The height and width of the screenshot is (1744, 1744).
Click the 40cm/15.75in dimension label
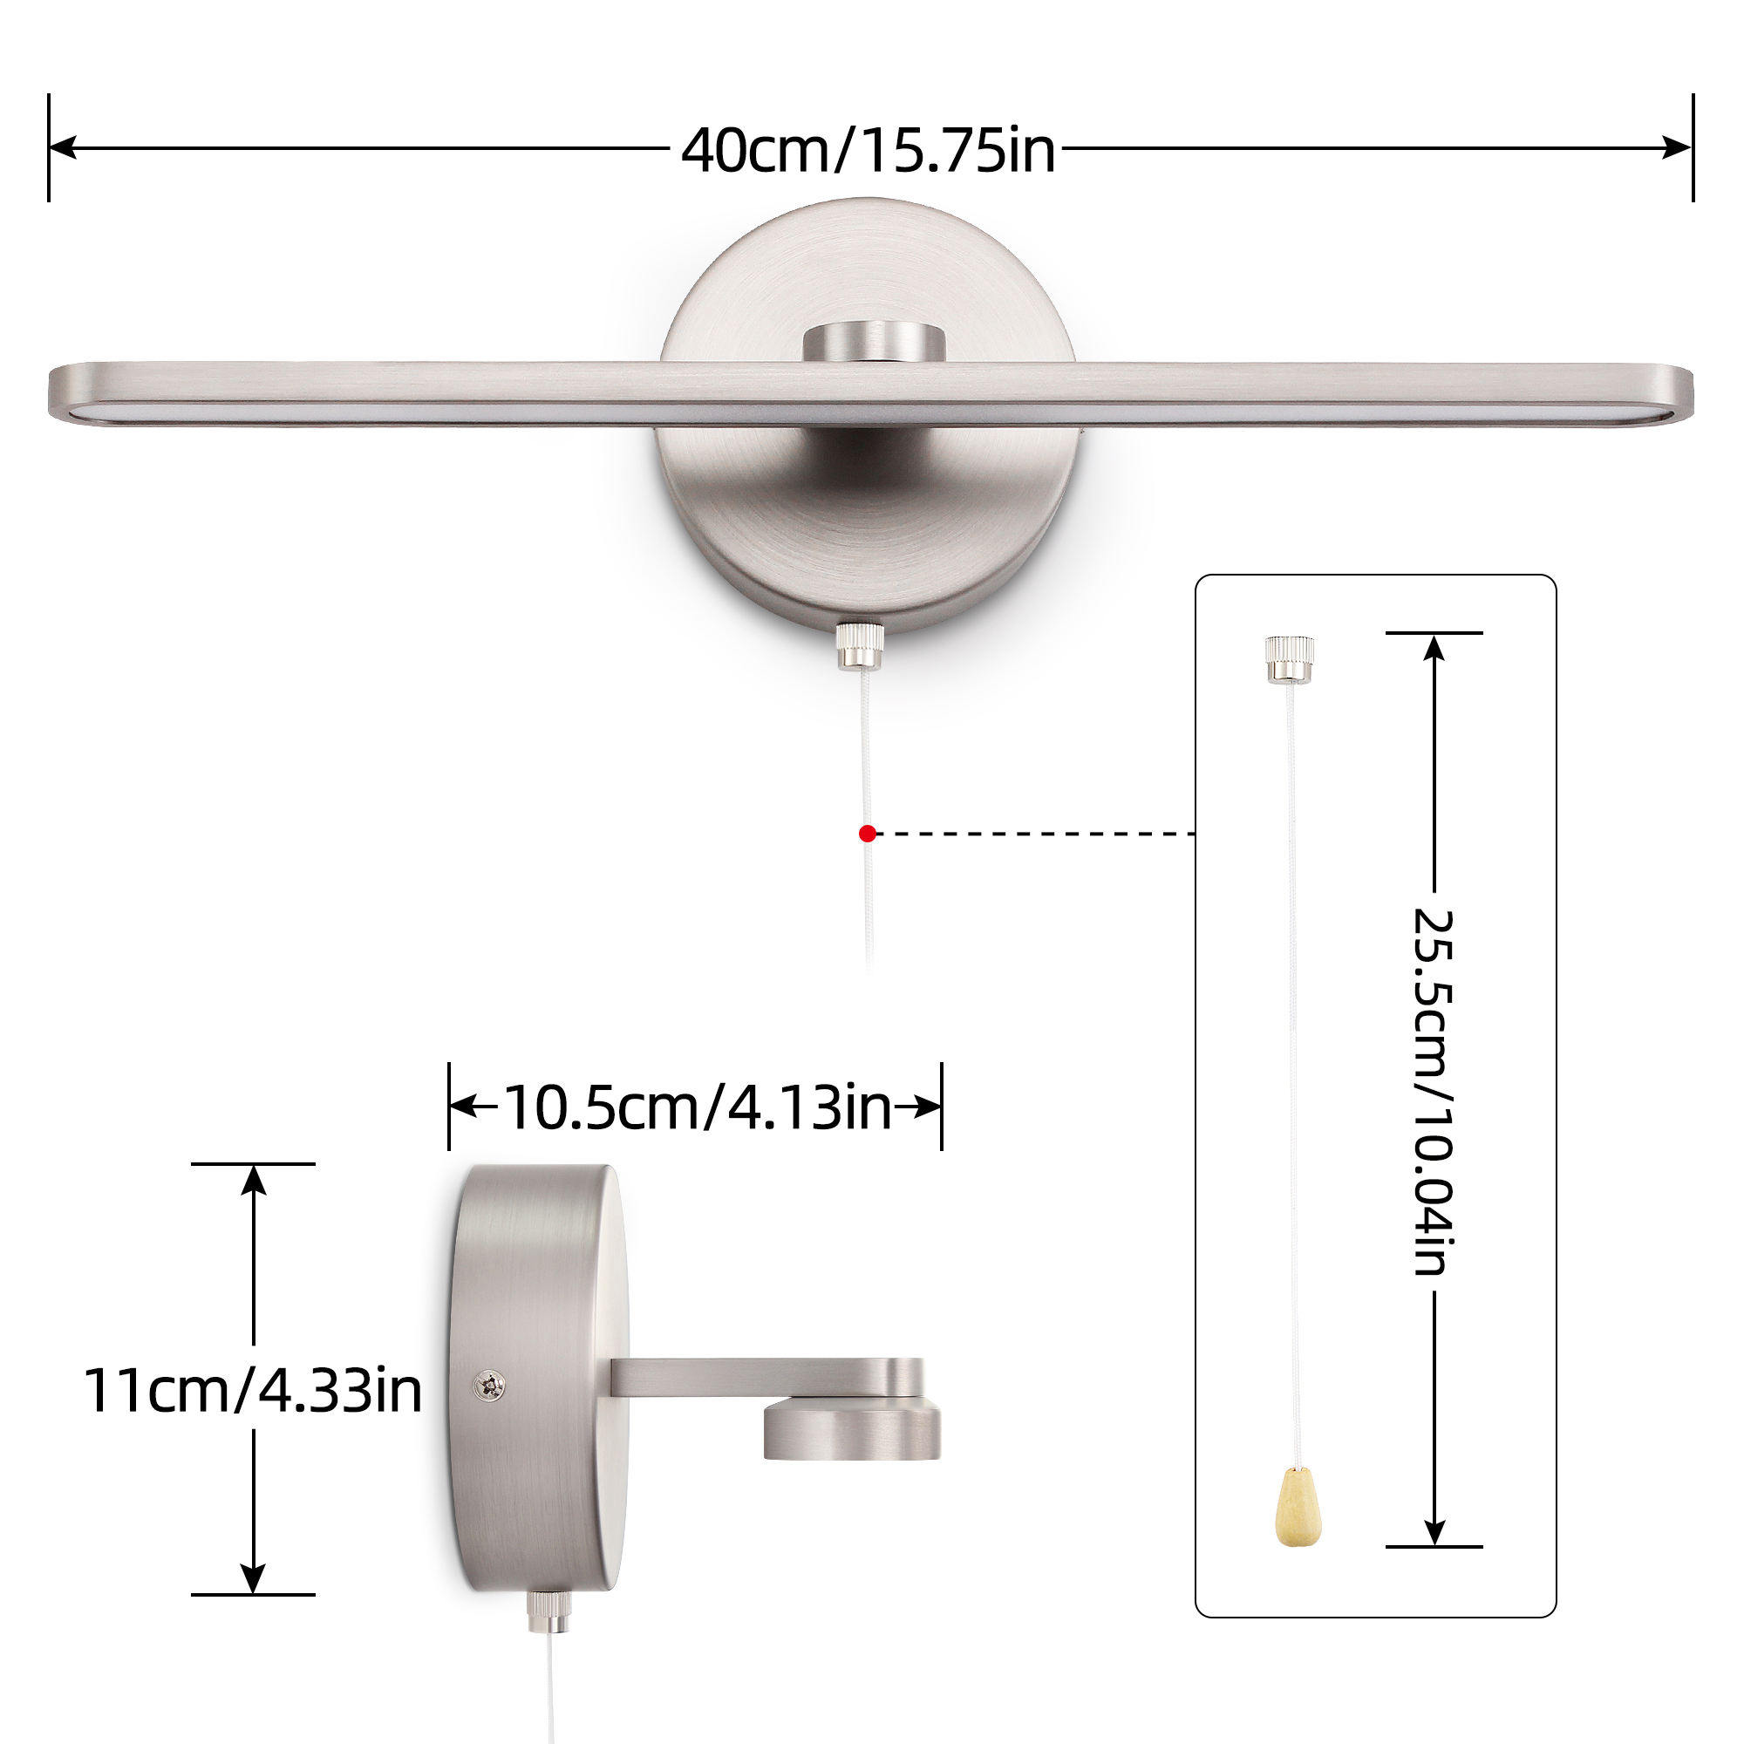pos(868,150)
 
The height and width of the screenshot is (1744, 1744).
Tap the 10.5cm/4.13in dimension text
pos(697,1107)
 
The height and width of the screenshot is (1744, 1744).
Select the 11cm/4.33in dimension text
pos(253,1390)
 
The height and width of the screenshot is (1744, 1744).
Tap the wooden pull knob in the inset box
pos(1299,1520)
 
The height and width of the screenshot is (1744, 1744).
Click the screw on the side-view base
pos(492,1386)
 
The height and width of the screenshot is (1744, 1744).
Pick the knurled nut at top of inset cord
pos(1288,658)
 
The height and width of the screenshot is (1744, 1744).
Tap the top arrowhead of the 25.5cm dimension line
pos(1434,646)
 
